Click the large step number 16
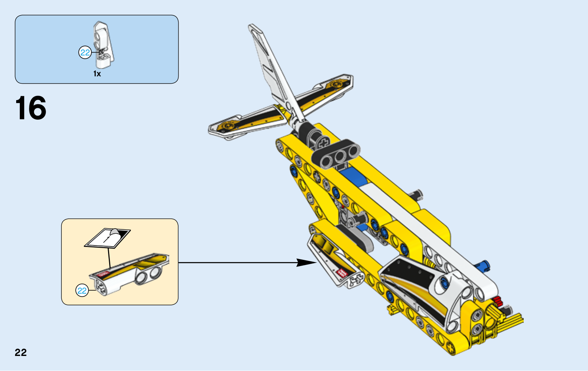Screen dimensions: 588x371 tap(31, 108)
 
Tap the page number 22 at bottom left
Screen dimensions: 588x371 tap(21, 353)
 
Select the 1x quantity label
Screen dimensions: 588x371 tap(97, 74)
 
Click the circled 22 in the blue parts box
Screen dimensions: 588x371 tap(85, 52)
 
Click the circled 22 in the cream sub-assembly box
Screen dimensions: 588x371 tap(82, 291)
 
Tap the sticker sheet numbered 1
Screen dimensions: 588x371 tap(107, 238)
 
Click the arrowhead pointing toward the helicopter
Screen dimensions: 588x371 tap(306, 262)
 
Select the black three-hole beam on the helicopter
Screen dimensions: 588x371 tap(336, 154)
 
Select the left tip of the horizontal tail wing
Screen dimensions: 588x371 tap(210, 130)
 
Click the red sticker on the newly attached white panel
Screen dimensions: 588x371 tap(342, 273)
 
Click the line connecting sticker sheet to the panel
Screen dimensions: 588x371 tap(110, 258)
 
